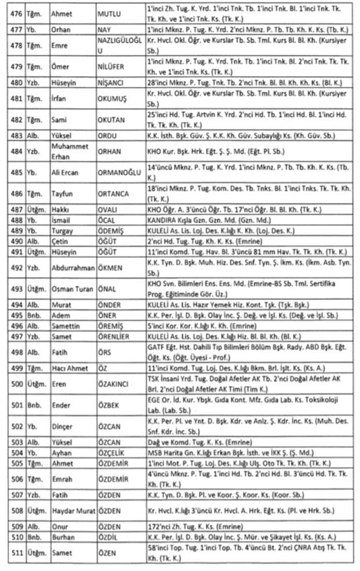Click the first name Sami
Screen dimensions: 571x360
click(58, 120)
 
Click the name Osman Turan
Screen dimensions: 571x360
click(71, 289)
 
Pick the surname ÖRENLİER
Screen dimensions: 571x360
click(114, 336)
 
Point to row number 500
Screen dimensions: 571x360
click(16, 384)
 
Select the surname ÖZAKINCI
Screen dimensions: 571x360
click(114, 384)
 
